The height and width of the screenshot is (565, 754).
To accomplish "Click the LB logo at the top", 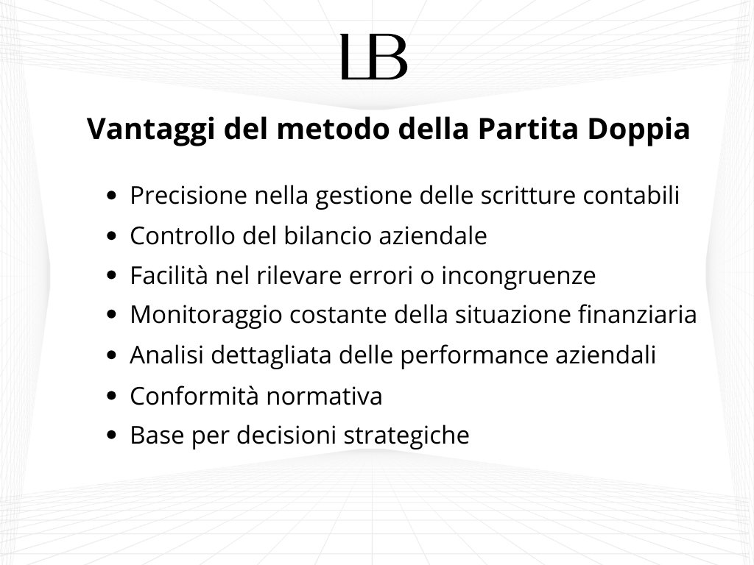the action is click(x=374, y=57).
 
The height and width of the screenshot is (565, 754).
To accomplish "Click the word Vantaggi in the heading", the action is click(x=150, y=129).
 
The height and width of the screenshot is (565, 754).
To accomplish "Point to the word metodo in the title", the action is click(x=333, y=129).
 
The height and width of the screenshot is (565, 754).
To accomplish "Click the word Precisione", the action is click(x=188, y=195).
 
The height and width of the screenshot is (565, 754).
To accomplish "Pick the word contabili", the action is click(x=631, y=195).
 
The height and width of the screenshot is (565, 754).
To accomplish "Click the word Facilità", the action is click(x=169, y=275).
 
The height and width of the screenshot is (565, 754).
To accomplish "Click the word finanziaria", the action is click(x=637, y=315).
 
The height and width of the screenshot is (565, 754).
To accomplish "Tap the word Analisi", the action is click(x=167, y=355).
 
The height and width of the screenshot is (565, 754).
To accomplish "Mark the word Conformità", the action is click(x=194, y=396).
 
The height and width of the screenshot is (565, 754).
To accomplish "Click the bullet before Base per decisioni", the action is click(x=112, y=436).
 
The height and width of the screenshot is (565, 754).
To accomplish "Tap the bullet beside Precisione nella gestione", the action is click(x=112, y=196).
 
